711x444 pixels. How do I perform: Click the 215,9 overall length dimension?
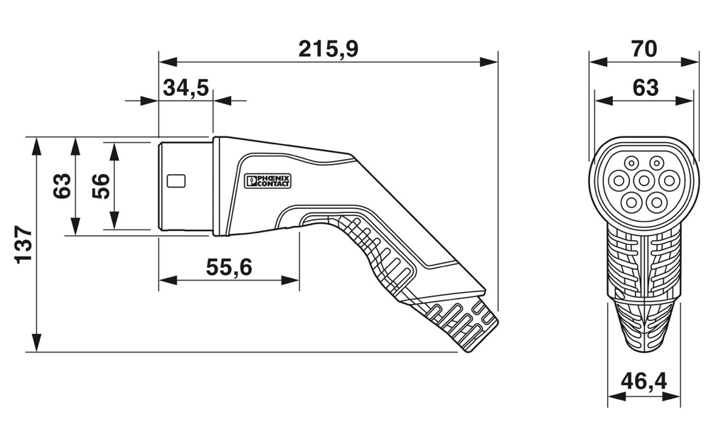point(328,49)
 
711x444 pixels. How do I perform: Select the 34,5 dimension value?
point(186,88)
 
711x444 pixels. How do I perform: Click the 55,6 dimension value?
point(229,267)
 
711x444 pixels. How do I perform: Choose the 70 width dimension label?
point(644,49)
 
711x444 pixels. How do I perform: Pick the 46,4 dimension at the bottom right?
point(644,381)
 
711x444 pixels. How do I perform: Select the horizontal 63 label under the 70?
point(644,88)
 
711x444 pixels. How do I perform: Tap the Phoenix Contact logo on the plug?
point(267,181)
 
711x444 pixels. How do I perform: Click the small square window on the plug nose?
point(176,180)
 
